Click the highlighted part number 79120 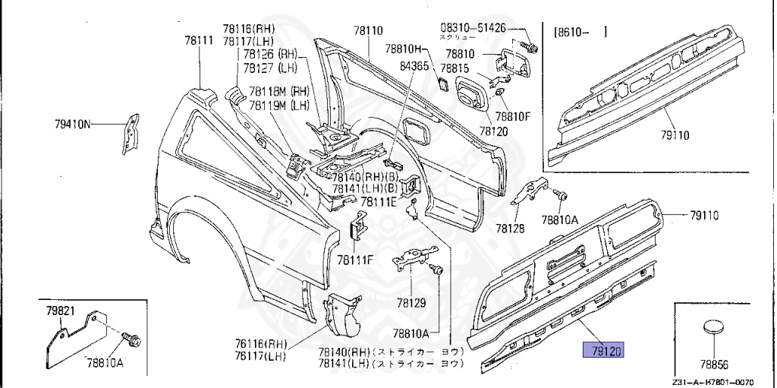click(x=602, y=350)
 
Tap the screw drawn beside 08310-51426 click(x=530, y=48)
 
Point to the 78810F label click(x=513, y=117)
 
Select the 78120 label click(x=493, y=131)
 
